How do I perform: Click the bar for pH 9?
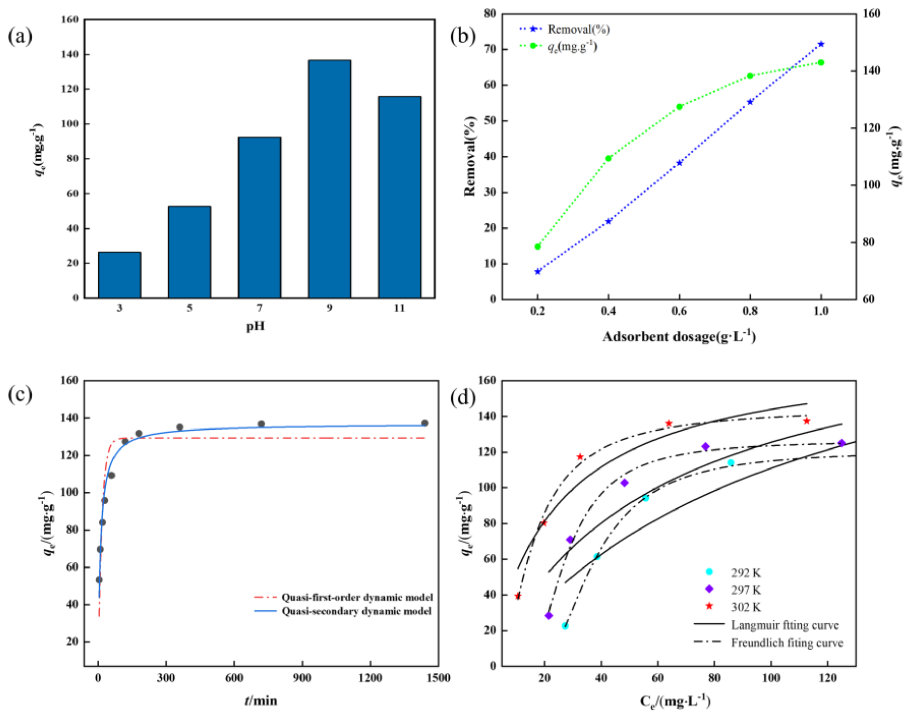point(329,179)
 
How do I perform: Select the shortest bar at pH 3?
point(119,275)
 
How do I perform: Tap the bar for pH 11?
point(399,197)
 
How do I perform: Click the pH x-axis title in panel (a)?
point(255,326)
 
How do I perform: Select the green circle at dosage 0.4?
point(608,158)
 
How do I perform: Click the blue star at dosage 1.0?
point(821,44)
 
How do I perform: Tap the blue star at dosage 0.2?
point(537,272)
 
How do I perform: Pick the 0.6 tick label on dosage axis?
point(679,311)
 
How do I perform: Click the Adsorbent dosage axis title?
point(679,337)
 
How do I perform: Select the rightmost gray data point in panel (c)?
point(425,423)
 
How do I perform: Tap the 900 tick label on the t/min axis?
point(302,678)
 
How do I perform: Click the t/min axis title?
point(261,701)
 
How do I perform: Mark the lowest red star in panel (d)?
point(518,596)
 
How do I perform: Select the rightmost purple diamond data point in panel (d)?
point(842,443)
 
